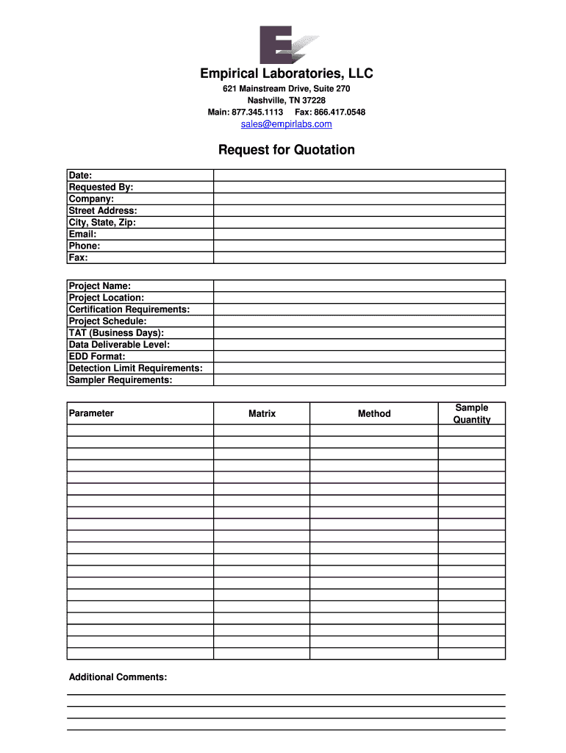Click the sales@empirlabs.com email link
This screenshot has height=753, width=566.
(x=287, y=124)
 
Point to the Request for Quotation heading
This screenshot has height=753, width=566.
(x=287, y=150)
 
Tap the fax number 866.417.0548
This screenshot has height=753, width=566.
(x=340, y=112)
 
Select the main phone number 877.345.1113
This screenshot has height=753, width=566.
(x=257, y=112)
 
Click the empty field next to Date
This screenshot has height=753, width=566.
(x=359, y=175)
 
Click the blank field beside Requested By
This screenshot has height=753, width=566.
(x=359, y=187)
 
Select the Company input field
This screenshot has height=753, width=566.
(x=359, y=199)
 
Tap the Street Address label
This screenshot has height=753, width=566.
(x=103, y=210)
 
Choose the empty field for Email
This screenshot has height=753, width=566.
(x=359, y=234)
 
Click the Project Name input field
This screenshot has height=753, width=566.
(x=359, y=285)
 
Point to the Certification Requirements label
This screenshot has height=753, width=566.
(x=129, y=309)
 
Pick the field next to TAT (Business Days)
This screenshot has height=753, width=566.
(x=359, y=332)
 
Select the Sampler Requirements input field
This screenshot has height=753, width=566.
(x=359, y=379)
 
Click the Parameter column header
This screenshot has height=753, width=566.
(x=91, y=413)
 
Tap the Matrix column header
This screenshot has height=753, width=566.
(x=262, y=414)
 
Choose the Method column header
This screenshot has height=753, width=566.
(x=374, y=414)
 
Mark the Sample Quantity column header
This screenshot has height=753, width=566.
(x=472, y=413)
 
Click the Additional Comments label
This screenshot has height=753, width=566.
(x=118, y=677)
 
